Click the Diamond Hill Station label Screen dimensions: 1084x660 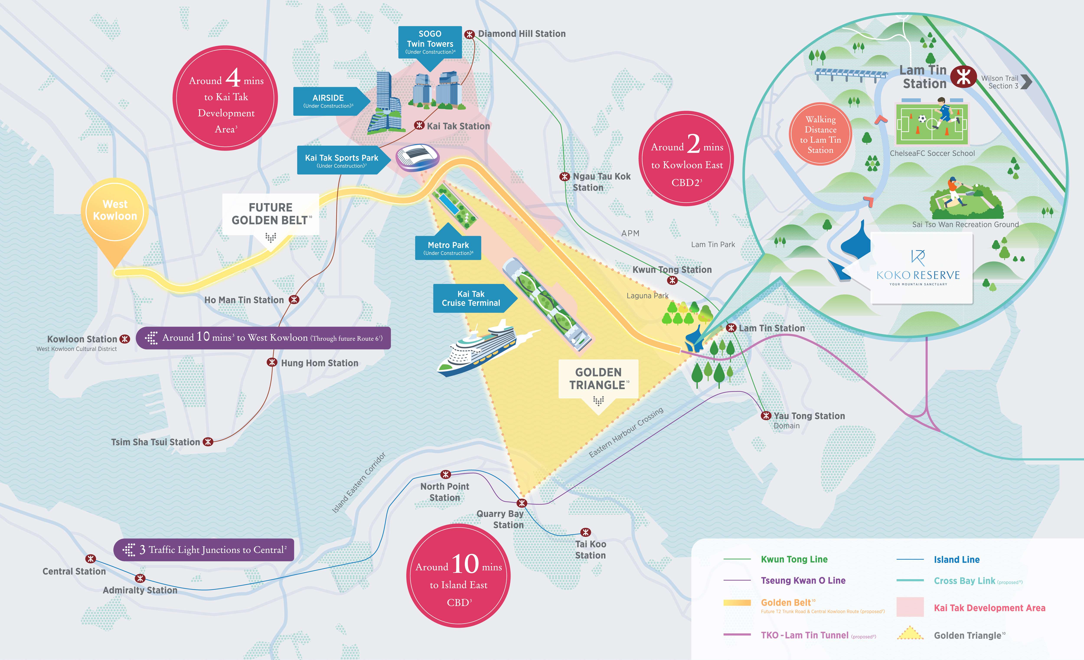pos(522,34)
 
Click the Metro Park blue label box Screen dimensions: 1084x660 pos(448,248)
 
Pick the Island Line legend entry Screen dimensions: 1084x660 pos(938,559)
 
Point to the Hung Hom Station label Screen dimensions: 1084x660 pos(319,363)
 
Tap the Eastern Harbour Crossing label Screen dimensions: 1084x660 pos(626,432)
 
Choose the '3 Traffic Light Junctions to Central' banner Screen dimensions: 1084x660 pos(204,550)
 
